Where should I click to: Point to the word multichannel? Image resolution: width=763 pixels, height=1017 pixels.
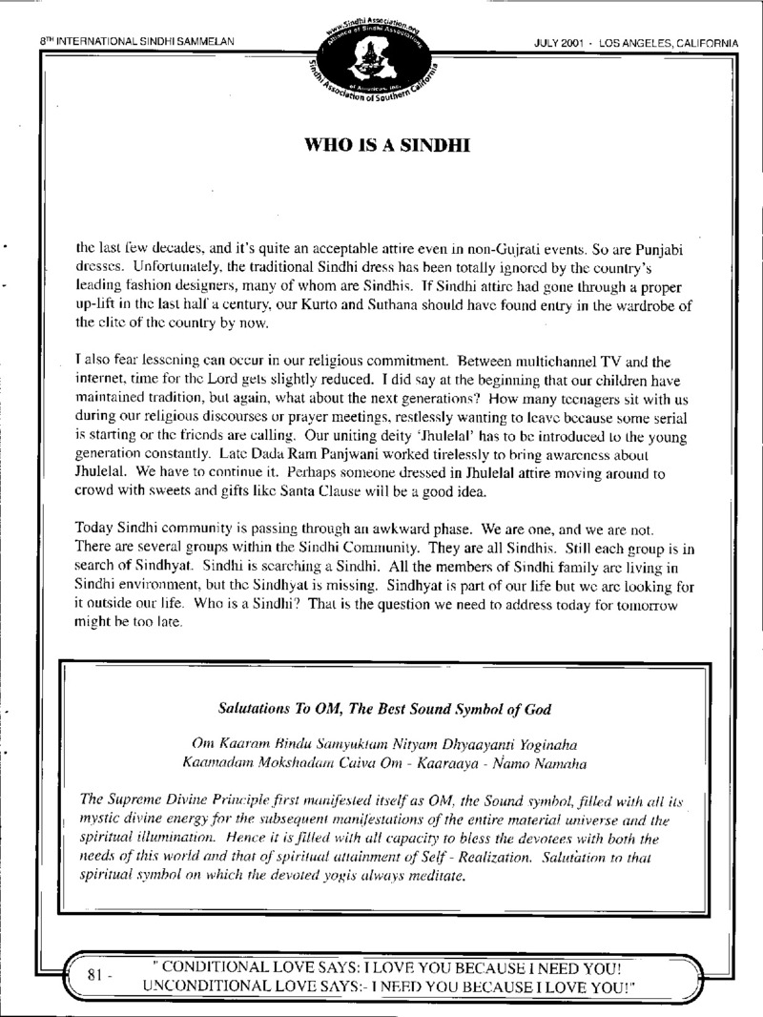click(x=547, y=363)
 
